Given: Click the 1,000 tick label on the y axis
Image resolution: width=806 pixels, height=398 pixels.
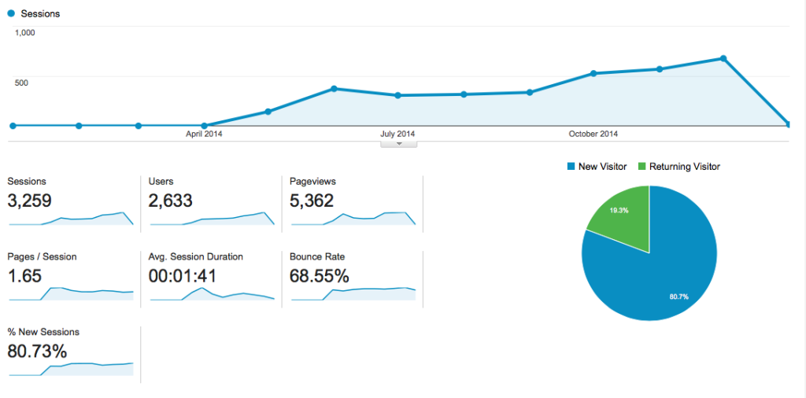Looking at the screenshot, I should [25, 33].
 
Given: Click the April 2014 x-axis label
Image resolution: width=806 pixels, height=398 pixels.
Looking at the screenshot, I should [204, 134].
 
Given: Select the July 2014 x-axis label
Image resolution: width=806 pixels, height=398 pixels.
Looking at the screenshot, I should [397, 134].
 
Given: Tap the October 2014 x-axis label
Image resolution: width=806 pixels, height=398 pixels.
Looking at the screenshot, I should [593, 134].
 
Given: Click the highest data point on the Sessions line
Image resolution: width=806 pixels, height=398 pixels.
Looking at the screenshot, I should [723, 58].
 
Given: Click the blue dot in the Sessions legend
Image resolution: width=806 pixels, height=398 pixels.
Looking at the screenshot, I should [11, 13].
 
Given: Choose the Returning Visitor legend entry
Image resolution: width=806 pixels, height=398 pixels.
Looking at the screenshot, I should [678, 167].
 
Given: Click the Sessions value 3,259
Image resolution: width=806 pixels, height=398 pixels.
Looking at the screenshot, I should [29, 201].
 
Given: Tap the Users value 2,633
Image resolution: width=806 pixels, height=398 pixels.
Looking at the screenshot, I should [171, 201].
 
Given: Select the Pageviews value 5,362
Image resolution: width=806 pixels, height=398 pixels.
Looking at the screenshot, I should [312, 201].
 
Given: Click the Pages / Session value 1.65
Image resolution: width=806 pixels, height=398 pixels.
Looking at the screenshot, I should [24, 276].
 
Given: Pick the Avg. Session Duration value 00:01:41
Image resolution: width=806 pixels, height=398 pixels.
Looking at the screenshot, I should [183, 276].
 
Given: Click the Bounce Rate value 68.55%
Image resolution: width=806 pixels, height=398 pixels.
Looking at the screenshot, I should [320, 276].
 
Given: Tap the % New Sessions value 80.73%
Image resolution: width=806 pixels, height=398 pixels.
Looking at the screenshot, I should [37, 352].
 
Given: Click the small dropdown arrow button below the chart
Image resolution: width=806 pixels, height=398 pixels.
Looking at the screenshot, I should [399, 143].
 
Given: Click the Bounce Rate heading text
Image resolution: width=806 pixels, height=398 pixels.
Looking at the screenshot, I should [317, 256].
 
